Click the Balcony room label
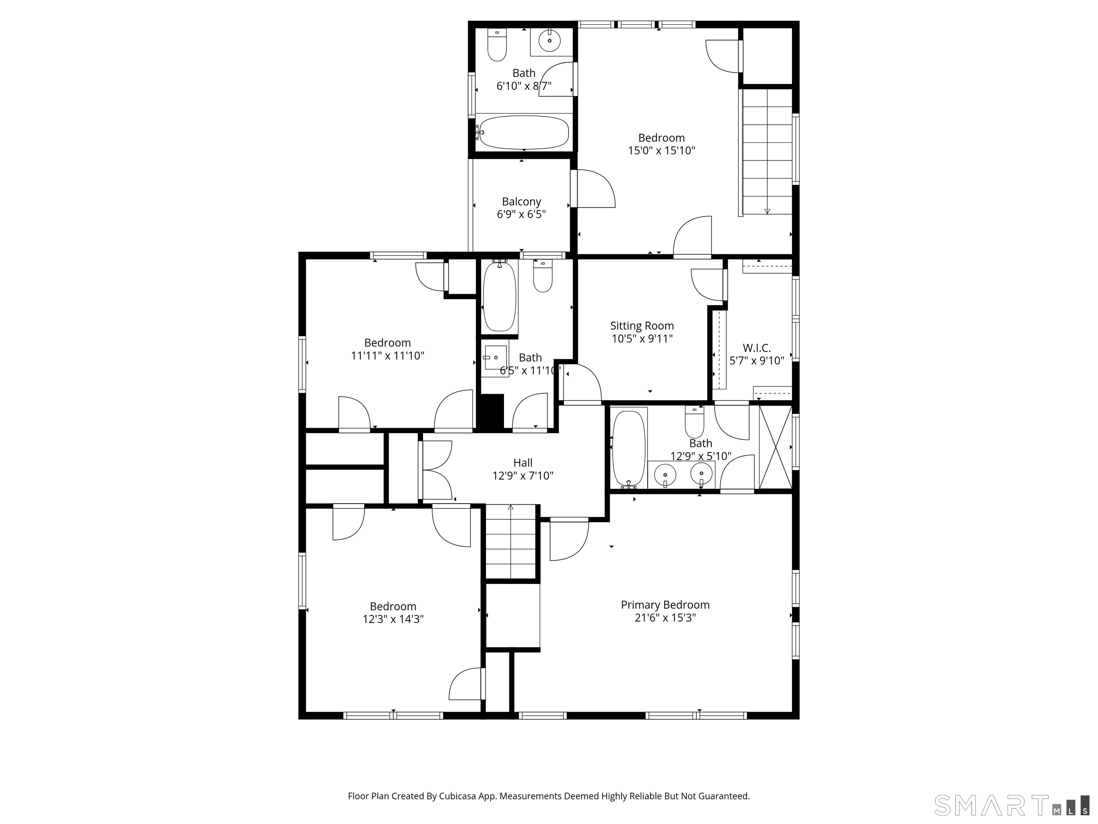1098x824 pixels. tap(521, 202)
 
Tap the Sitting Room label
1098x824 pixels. tap(642, 326)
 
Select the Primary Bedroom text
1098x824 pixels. tap(665, 605)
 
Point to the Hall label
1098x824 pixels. tap(523, 463)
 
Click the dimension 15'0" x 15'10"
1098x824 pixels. tap(662, 151)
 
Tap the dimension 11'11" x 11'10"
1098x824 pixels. tap(388, 355)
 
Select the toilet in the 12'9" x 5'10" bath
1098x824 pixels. tap(694, 422)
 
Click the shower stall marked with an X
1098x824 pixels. tap(775, 447)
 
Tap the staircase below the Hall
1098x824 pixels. tap(511, 541)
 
